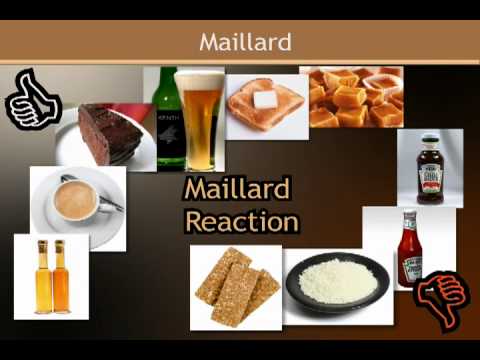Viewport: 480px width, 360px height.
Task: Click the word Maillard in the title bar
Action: tap(244, 42)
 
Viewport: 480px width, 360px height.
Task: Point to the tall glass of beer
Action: tap(199, 125)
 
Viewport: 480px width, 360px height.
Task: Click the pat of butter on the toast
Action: tap(265, 99)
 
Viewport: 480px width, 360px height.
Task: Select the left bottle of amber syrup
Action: tap(43, 278)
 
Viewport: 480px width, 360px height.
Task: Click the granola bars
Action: tap(235, 287)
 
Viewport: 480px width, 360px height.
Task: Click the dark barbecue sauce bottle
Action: tap(430, 170)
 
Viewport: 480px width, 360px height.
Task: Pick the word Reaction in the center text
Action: tap(241, 219)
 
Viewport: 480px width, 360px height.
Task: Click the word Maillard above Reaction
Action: tap(236, 188)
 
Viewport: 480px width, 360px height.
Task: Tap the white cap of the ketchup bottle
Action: tap(408, 217)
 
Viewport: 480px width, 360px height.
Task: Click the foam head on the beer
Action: tap(199, 79)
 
